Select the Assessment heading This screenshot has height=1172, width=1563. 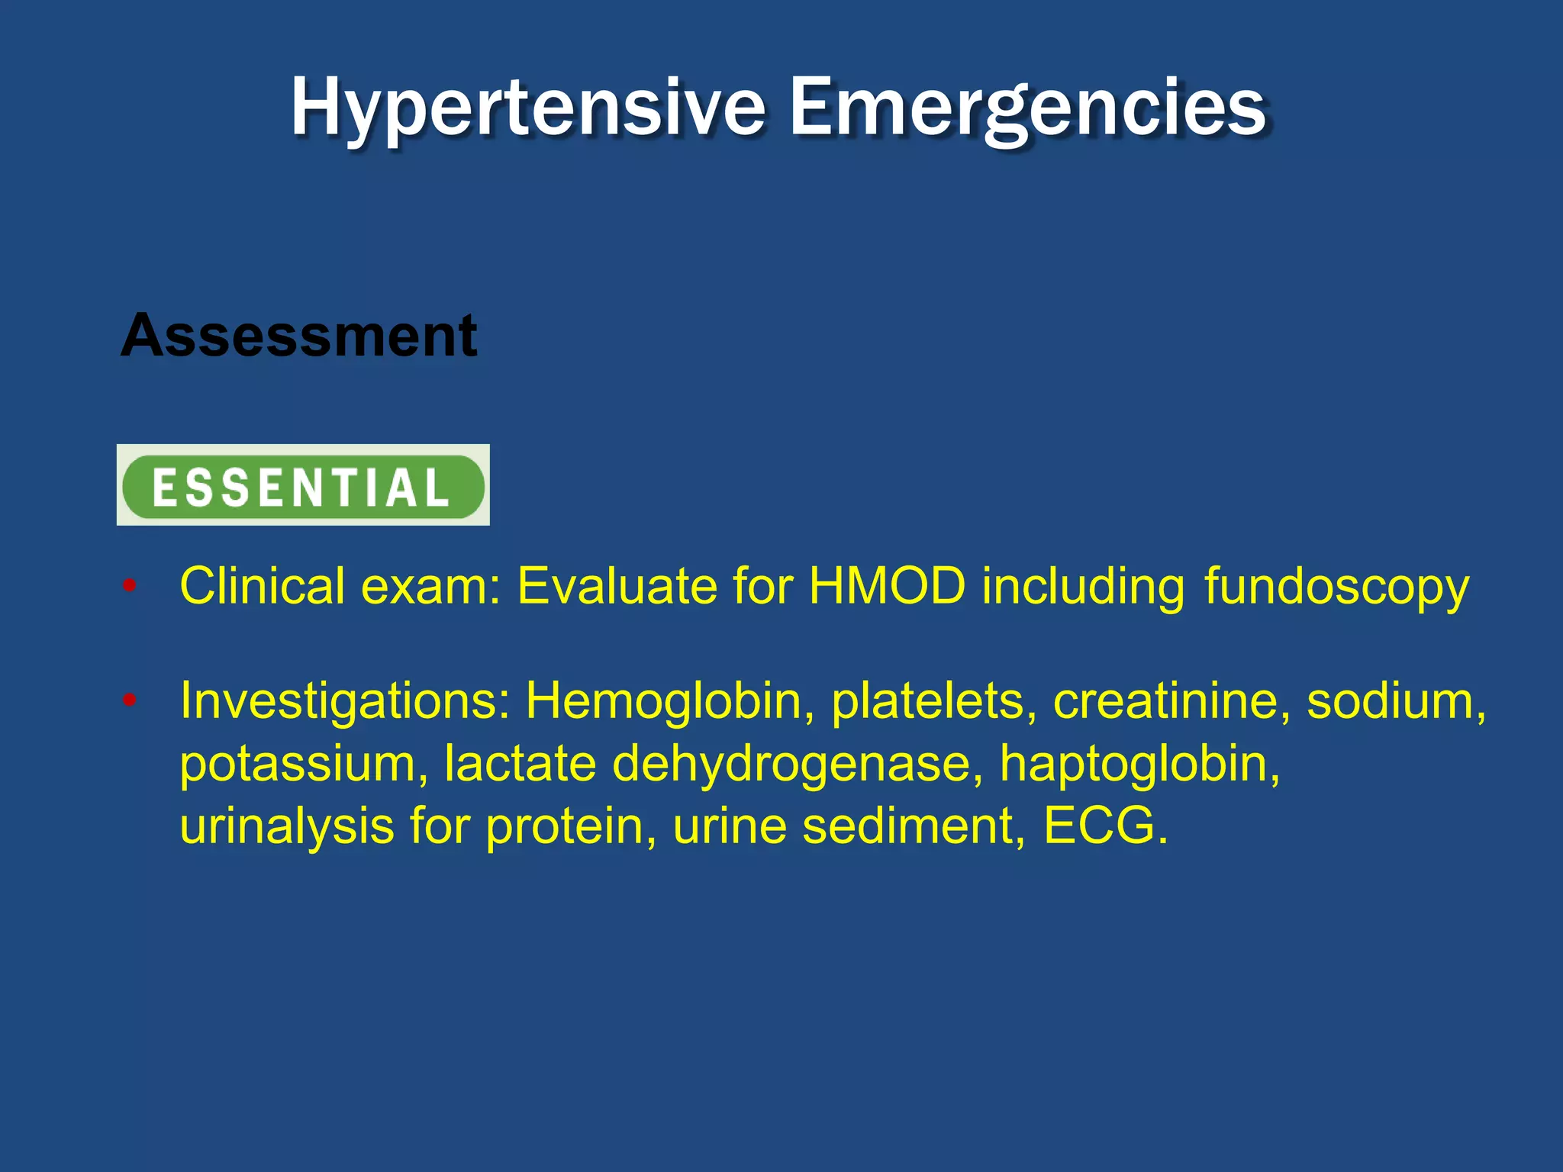pos(298,336)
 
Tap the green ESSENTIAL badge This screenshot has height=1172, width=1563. pos(303,486)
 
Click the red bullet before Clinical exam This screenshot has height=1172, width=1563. pos(130,586)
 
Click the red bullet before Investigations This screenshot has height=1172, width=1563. pos(130,700)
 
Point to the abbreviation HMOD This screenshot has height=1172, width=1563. pos(887,586)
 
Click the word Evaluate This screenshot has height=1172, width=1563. pos(617,586)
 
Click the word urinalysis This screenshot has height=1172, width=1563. pos(286,826)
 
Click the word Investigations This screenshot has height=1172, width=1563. pos(344,700)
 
